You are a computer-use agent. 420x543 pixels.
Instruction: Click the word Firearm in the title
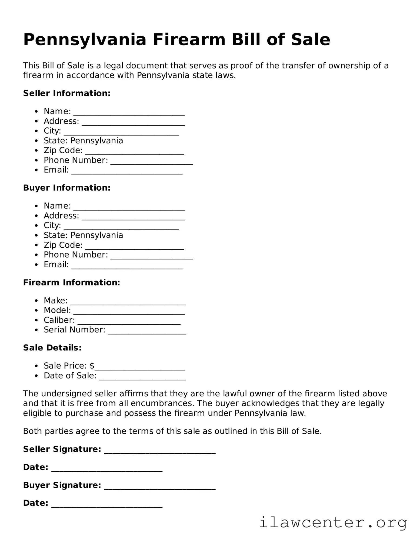point(189,40)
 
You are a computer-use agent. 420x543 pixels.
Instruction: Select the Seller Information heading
point(67,93)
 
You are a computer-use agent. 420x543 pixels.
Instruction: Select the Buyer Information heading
point(67,188)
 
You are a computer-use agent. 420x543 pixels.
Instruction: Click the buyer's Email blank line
point(127,267)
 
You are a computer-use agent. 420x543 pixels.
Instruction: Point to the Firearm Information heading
point(72,282)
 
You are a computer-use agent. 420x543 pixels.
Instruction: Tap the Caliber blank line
point(129,322)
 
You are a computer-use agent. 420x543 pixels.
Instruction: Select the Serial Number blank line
point(147,332)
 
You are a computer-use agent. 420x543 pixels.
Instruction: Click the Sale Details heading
point(52,348)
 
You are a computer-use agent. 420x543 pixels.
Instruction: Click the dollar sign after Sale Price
point(92,366)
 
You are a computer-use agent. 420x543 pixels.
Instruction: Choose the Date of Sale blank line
point(142,378)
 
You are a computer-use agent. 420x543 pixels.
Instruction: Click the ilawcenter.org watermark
point(333,523)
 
